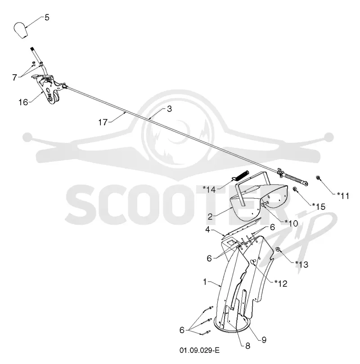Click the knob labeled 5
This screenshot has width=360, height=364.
(21, 30)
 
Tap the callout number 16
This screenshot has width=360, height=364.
(23, 102)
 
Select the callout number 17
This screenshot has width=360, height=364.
(103, 122)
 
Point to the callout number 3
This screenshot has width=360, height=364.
(170, 109)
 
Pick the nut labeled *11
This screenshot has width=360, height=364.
(317, 178)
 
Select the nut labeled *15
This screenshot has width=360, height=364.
(295, 189)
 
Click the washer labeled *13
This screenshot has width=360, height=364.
(278, 249)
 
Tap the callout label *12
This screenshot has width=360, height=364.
(281, 284)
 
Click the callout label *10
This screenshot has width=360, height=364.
(291, 223)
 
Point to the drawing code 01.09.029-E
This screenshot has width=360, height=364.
(199, 350)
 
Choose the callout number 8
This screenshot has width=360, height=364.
(248, 346)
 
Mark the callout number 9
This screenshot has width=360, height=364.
(264, 340)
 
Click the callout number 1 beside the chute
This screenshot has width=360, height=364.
(205, 282)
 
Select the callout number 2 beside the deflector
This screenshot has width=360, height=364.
(210, 217)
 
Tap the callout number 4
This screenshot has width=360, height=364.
(207, 230)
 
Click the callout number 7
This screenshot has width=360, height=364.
(15, 77)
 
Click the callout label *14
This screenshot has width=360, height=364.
(209, 190)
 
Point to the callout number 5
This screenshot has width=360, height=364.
(47, 18)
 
